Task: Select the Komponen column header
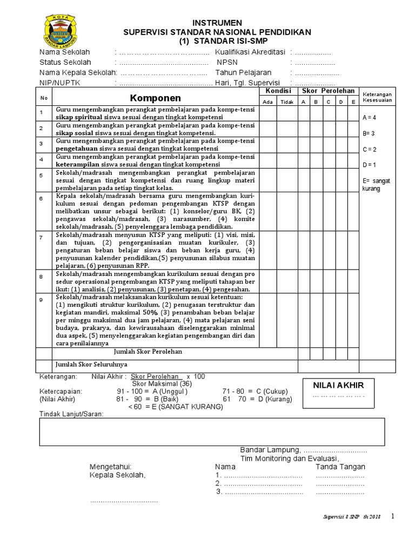[x=155, y=98]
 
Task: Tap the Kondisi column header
[x=278, y=91]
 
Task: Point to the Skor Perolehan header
[x=328, y=91]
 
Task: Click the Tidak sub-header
[x=287, y=102]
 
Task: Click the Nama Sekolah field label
[x=65, y=52]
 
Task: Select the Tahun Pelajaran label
[x=243, y=72]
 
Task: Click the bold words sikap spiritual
[x=78, y=117]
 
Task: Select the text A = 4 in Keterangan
[x=370, y=117]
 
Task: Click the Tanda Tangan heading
[x=340, y=467]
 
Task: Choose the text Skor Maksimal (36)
[x=159, y=383]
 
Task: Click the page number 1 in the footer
[x=393, y=516]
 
